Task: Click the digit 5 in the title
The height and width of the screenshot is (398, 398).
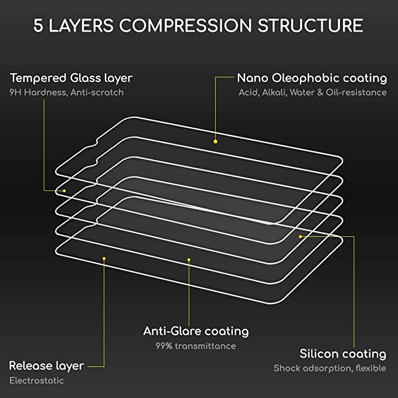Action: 38,25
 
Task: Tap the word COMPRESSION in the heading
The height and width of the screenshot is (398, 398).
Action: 185,25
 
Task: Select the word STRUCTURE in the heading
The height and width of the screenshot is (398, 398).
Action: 311,25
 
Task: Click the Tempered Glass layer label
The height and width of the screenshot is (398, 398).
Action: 71,78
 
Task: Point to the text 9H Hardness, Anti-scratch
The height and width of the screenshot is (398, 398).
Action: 66,93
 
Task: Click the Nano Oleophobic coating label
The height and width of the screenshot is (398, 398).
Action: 312,78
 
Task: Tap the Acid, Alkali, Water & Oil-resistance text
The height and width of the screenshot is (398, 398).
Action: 313,93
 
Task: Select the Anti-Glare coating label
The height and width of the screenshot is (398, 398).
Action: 196,332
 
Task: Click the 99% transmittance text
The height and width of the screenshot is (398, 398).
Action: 196,346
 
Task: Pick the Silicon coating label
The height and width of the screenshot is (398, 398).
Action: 343,354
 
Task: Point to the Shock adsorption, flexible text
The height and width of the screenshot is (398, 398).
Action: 330,368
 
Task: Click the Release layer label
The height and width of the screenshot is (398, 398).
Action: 47,366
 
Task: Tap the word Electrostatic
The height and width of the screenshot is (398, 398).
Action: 36,380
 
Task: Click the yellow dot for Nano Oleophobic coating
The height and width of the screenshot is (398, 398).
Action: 216,141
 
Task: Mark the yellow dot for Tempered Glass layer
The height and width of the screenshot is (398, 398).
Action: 64,191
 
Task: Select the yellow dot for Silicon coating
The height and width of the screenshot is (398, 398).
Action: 300,237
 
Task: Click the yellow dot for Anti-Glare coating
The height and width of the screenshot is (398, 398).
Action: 189,260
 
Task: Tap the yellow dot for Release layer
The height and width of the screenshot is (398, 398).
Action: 104,258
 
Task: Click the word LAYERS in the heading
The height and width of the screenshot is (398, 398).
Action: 81,25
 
